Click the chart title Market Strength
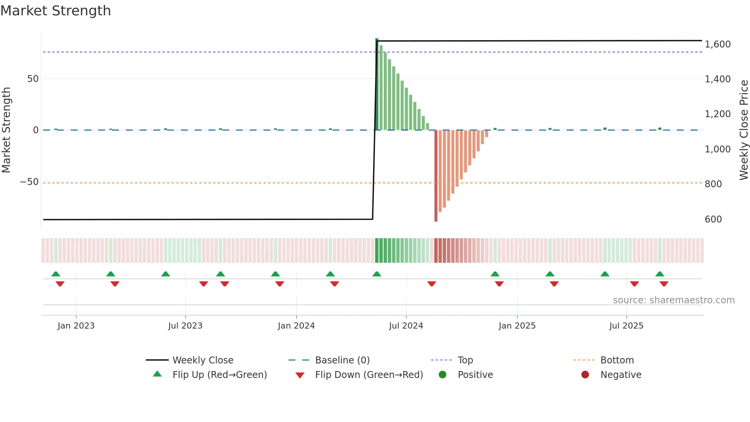pyautogui.click(x=55, y=11)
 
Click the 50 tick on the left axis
pyautogui.click(x=33, y=79)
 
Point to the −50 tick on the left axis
pyautogui.click(x=29, y=182)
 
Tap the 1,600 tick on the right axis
pyautogui.click(x=717, y=44)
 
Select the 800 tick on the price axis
pyautogui.click(x=713, y=184)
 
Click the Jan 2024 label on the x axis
pyautogui.click(x=296, y=326)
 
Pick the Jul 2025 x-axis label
pyautogui.click(x=626, y=326)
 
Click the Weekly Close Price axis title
pyautogui.click(x=743, y=130)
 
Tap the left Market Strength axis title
pyautogui.click(x=7, y=130)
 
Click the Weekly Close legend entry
pyautogui.click(x=203, y=360)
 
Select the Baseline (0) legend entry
pyautogui.click(x=342, y=360)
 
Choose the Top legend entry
pyautogui.click(x=465, y=360)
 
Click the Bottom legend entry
pyautogui.click(x=617, y=360)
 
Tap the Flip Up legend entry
pyautogui.click(x=220, y=375)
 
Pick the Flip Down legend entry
pyautogui.click(x=369, y=375)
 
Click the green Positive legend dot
pyautogui.click(x=442, y=375)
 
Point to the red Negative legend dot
pyautogui.click(x=585, y=375)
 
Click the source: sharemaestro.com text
pyautogui.click(x=673, y=300)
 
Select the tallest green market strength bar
pyautogui.click(x=377, y=84)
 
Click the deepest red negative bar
pyautogui.click(x=436, y=176)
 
